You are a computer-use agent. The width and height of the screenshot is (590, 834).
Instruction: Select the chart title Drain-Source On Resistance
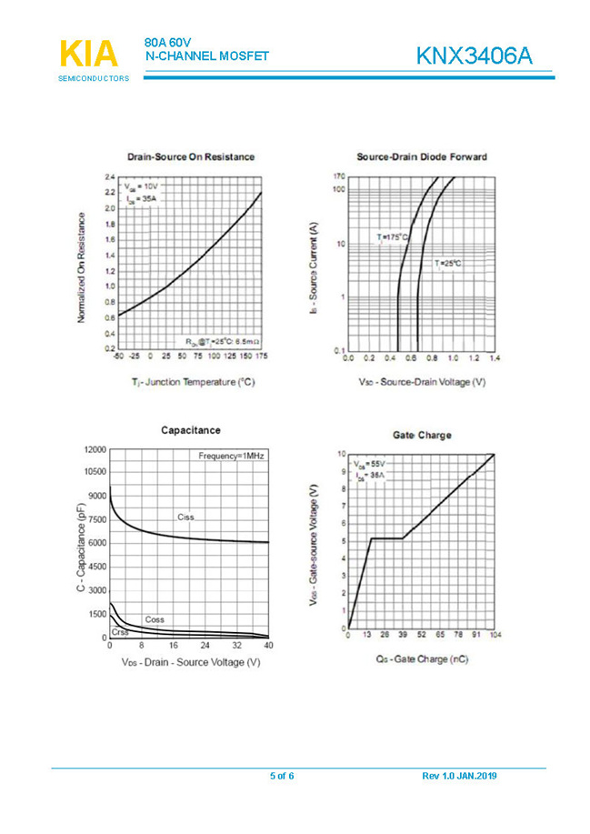click(x=191, y=156)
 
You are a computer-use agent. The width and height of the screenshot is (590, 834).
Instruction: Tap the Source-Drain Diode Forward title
click(x=422, y=156)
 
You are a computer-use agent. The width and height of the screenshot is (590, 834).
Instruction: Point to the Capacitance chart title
click(x=191, y=429)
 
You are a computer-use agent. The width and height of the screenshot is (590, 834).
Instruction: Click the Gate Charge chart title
click(x=422, y=435)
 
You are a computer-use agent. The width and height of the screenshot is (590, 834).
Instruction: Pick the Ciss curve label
click(x=185, y=517)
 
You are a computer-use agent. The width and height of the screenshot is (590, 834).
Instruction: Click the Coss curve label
click(x=155, y=619)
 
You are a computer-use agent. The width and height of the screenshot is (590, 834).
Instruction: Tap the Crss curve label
click(x=120, y=631)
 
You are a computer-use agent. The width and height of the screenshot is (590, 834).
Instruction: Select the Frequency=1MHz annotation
click(x=231, y=455)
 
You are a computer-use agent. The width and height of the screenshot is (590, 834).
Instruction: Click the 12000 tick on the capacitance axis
click(x=95, y=449)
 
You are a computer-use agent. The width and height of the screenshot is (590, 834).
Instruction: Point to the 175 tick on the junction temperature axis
click(x=261, y=357)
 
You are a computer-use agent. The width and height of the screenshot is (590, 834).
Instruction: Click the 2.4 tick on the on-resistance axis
click(x=109, y=176)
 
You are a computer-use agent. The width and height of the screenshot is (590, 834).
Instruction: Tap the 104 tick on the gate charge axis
click(x=495, y=636)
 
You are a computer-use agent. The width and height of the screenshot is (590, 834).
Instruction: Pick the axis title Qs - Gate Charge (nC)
click(x=422, y=658)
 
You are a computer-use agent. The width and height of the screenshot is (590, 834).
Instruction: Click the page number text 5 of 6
click(x=282, y=776)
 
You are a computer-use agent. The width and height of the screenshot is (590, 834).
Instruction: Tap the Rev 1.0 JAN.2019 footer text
click(x=460, y=776)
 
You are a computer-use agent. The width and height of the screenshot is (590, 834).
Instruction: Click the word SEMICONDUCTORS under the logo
click(x=94, y=79)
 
